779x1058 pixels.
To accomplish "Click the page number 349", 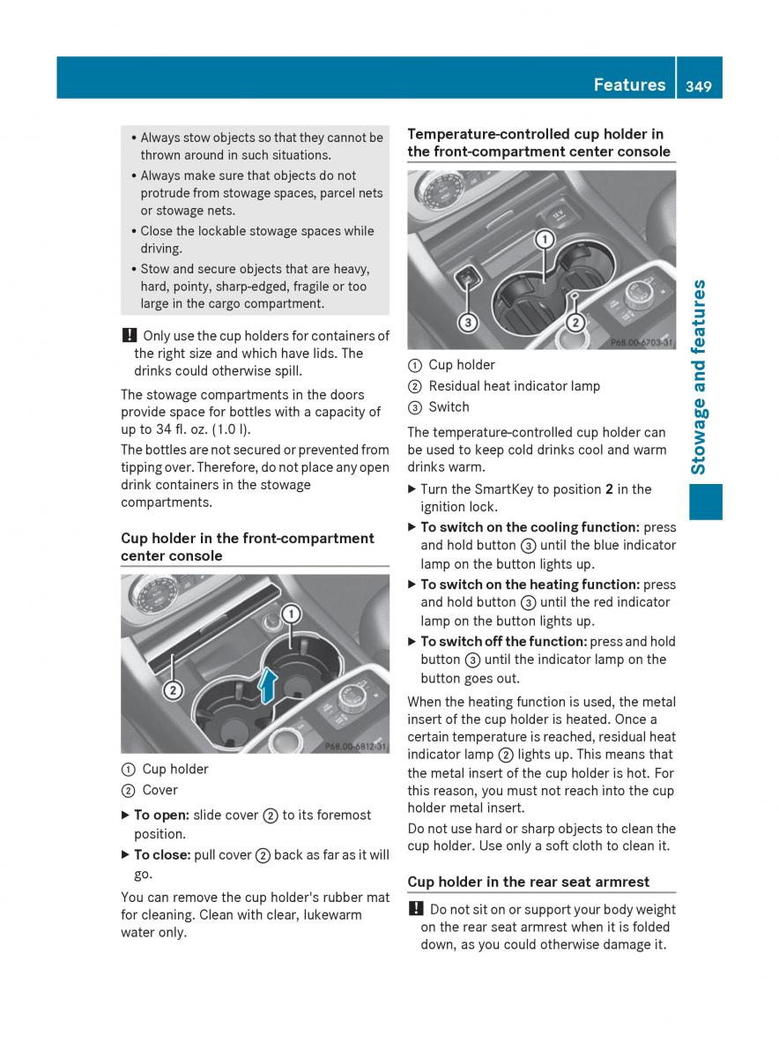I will [701, 86].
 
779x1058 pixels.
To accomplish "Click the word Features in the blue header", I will [629, 86].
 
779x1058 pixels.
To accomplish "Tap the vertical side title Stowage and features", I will [700, 377].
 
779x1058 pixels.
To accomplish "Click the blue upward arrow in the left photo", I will [269, 686].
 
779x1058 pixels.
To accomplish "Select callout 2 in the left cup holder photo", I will [173, 690].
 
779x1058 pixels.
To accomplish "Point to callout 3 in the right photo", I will [469, 323].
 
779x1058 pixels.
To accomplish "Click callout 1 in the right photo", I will [545, 240].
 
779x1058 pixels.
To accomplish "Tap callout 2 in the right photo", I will [575, 323].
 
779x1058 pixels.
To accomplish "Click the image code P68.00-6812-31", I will [355, 746].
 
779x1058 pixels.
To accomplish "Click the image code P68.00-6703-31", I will [642, 342].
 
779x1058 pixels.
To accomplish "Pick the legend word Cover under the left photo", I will [160, 790].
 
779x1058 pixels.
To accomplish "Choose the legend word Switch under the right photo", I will [449, 407].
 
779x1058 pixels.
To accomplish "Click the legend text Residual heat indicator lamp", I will [514, 386].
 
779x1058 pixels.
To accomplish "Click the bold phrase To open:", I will [161, 816].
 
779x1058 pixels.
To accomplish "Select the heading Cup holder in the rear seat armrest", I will [528, 882].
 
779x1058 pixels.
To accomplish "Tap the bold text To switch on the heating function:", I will [530, 585].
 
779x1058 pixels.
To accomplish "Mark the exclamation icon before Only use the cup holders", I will [127, 336].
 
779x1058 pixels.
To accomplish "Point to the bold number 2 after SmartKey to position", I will [609, 489].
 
